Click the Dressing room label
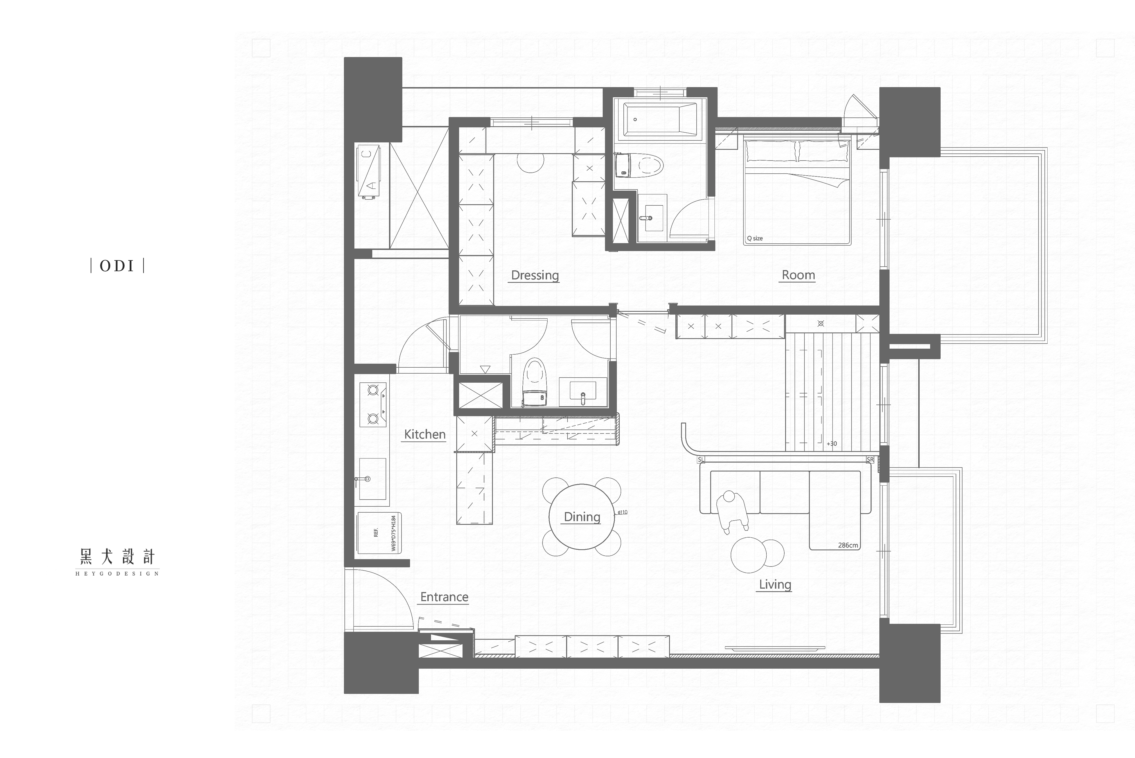click(x=535, y=275)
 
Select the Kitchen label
click(x=424, y=434)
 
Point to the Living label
click(x=775, y=584)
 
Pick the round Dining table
click(x=581, y=517)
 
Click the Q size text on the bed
click(x=754, y=238)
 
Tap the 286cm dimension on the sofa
click(x=848, y=545)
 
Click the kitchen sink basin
click(x=372, y=479)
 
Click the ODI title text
click(x=117, y=266)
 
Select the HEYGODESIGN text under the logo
click(x=117, y=574)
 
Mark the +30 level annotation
click(x=831, y=444)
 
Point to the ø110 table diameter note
click(x=623, y=512)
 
